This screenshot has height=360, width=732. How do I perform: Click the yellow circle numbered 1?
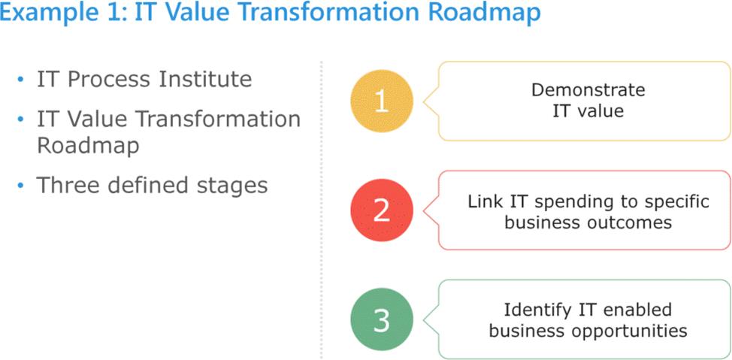click(382, 101)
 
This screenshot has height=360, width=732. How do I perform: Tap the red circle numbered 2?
click(382, 210)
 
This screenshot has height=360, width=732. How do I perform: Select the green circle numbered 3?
click(382, 320)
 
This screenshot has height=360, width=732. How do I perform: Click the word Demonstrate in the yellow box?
click(588, 89)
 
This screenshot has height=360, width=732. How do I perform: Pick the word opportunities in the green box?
click(628, 331)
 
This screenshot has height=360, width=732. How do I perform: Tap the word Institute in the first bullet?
click(205, 79)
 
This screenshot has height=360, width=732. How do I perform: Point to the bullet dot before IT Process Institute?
click(20, 80)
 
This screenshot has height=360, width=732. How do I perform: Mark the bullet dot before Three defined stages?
click(20, 186)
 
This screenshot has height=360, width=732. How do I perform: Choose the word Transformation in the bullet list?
click(218, 119)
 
